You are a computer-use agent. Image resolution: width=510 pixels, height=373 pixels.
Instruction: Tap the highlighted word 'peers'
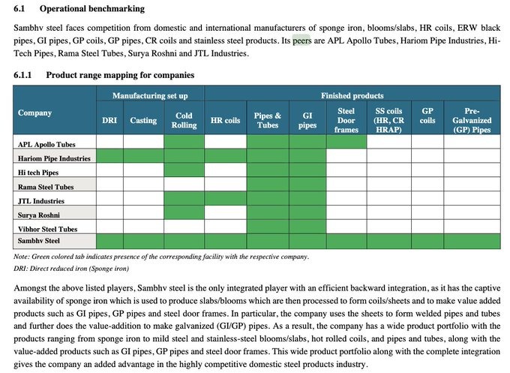coord(301,42)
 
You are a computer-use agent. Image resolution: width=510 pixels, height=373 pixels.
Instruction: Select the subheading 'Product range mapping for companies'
coord(120,75)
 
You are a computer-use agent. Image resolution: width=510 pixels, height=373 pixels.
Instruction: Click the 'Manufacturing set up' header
coord(150,96)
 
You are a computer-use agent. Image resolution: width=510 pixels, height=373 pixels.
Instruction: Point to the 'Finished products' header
coord(352,96)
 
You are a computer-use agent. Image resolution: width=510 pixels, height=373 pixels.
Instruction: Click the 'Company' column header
coord(34,113)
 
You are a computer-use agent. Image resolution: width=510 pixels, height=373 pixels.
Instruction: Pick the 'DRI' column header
coord(109,120)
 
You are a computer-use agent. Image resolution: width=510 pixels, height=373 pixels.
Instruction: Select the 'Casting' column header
coord(143,120)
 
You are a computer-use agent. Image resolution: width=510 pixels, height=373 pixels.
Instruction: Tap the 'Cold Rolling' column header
coord(184,120)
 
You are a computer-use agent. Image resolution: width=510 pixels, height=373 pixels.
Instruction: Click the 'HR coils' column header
coord(225,120)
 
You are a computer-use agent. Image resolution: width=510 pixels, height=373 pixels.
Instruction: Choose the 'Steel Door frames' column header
coord(346,120)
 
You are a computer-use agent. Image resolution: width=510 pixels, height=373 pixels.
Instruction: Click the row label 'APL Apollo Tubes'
coord(46,143)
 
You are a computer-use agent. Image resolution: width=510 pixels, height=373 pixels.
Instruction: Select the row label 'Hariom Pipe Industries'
coord(54,158)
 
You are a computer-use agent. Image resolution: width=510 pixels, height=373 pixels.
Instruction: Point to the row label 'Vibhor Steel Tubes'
coord(49,227)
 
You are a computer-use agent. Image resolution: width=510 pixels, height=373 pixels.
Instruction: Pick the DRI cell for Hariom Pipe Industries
coord(109,157)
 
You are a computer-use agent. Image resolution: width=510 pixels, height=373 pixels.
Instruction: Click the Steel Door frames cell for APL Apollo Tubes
coord(346,143)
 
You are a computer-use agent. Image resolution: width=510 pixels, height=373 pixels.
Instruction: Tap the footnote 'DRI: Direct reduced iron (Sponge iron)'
coord(79,268)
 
